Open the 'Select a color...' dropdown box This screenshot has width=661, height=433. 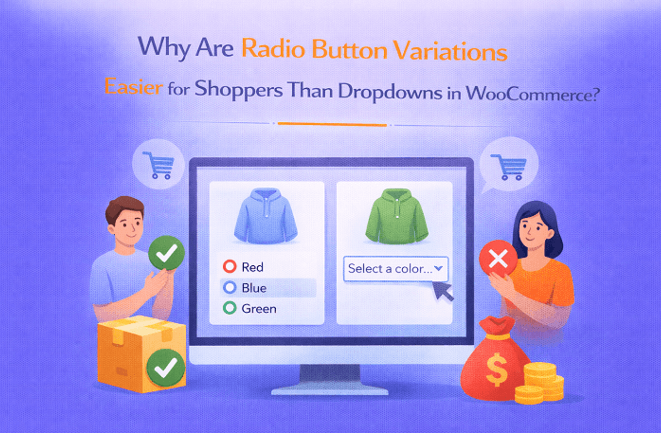tap(396, 269)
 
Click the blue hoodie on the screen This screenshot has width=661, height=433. tap(265, 216)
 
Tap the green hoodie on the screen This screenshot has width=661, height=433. tap(396, 216)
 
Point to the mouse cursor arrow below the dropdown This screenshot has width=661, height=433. tap(442, 291)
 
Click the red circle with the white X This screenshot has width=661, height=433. tap(498, 259)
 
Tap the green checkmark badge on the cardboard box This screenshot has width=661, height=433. tap(166, 368)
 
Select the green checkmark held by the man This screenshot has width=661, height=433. tap(166, 253)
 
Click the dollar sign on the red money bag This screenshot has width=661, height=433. tap(497, 370)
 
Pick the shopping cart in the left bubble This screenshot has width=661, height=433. tap(159, 165)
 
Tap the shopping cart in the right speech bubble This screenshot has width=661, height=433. tap(509, 167)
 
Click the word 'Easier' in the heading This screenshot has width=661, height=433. tap(133, 86)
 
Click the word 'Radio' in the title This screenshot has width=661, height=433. tap(273, 48)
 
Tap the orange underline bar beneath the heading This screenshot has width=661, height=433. tap(332, 124)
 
